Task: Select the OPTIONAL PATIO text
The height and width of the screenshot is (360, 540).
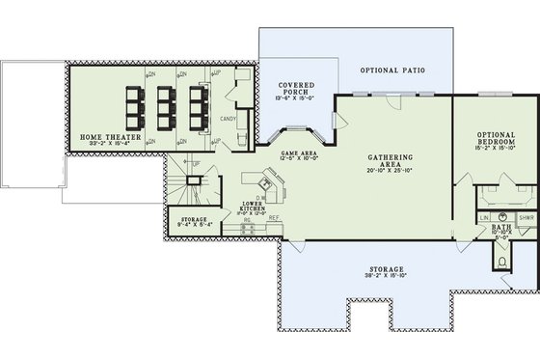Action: (392, 71)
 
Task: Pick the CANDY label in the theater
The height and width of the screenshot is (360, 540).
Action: (229, 120)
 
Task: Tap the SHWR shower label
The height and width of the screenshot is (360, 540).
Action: (526, 218)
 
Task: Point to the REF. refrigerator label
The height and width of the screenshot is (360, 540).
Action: (274, 219)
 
